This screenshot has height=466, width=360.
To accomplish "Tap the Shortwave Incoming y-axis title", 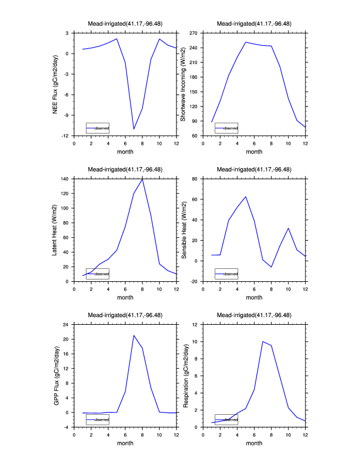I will click(183, 84).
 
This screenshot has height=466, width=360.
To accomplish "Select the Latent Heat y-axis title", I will click(55, 229).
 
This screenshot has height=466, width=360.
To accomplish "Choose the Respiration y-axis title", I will click(186, 375).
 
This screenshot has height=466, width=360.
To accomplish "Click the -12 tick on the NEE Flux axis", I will click(66, 136).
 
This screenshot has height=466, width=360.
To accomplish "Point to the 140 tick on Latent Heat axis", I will click(65, 178).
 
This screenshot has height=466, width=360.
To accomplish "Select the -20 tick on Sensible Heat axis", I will click(194, 281).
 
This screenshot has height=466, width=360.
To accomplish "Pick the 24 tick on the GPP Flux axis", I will click(66, 324).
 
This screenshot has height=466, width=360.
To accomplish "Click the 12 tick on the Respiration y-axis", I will click(196, 324).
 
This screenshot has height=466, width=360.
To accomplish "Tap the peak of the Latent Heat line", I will click(142, 179).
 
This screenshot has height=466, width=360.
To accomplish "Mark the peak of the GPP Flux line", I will click(134, 335).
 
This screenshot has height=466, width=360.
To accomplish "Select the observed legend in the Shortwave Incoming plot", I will click(226, 128).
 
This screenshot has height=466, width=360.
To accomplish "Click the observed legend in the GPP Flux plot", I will click(98, 420).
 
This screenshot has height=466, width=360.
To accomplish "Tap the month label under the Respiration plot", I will click(254, 444).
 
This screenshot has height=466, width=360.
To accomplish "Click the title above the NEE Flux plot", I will click(125, 24).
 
